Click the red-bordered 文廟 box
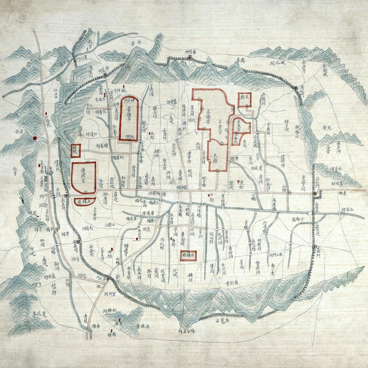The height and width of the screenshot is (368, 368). click(245, 99)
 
